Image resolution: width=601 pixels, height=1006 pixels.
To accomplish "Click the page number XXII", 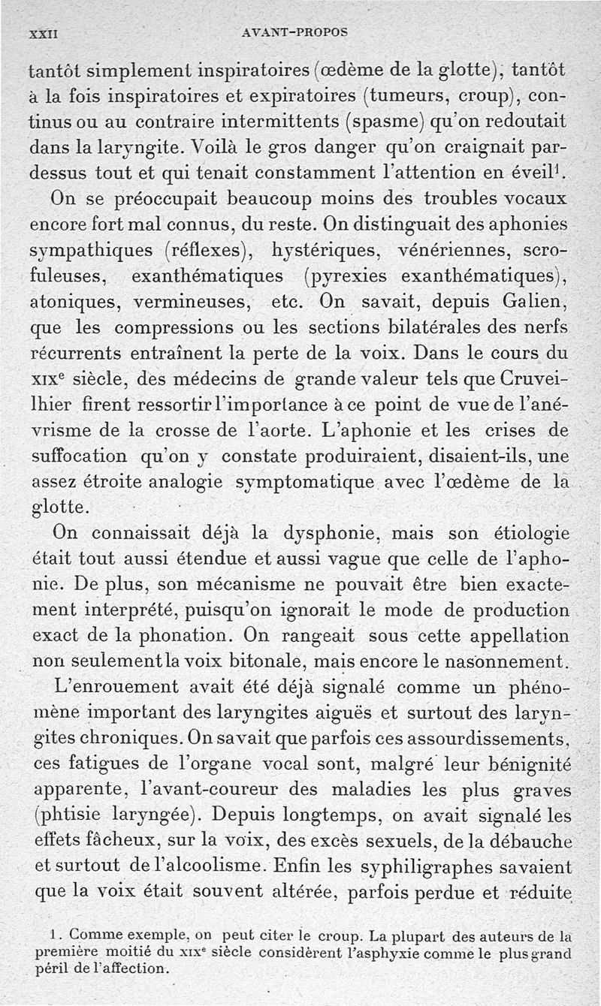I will click(44, 34).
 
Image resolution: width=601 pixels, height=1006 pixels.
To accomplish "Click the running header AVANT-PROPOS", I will click(295, 33).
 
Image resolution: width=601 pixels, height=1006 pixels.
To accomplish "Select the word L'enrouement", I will click(116, 688).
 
